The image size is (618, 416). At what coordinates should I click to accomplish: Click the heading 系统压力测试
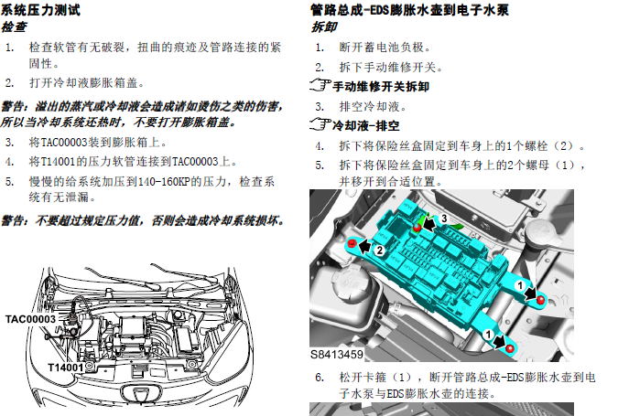[40, 9]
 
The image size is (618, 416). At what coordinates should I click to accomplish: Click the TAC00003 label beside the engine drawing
[30, 319]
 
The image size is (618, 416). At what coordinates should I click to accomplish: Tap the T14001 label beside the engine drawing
[66, 368]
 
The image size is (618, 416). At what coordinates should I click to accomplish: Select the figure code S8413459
[337, 355]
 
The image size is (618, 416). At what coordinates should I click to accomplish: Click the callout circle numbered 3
[444, 219]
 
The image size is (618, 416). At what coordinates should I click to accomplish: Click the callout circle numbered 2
[380, 250]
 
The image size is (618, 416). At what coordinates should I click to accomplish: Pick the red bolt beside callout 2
[352, 243]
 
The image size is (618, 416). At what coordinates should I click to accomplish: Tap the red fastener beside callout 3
[417, 227]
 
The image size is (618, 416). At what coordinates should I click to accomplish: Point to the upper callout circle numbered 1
[520, 285]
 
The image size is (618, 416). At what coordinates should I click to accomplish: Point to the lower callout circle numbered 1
[488, 335]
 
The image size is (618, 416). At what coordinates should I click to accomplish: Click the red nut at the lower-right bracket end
[510, 348]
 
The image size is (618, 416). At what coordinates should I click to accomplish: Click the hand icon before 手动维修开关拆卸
[320, 85]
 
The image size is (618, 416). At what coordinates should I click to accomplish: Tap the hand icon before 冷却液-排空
[320, 124]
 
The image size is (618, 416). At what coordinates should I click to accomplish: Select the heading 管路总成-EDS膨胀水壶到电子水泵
[409, 10]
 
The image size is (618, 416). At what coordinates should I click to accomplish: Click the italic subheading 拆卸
[324, 27]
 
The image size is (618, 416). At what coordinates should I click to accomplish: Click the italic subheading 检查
[14, 27]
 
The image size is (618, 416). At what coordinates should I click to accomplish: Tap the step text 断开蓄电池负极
[385, 48]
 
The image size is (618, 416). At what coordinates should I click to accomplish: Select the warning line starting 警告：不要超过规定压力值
[143, 220]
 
